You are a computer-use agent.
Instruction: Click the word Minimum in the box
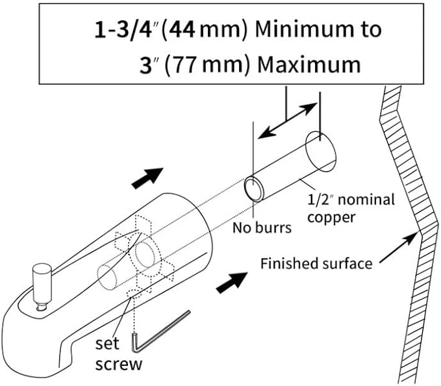click(x=305, y=29)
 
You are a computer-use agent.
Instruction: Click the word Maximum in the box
click(x=309, y=65)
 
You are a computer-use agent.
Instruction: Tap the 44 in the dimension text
click(x=183, y=29)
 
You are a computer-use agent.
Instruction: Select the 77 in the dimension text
click(x=184, y=65)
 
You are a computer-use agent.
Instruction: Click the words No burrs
click(x=262, y=227)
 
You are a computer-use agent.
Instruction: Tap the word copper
click(x=331, y=218)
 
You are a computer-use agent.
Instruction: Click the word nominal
click(x=366, y=199)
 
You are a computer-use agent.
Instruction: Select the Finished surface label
click(x=316, y=264)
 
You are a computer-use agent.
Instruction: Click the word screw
click(x=119, y=365)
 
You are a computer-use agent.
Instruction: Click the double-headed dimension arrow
click(x=288, y=120)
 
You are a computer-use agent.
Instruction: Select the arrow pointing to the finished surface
click(x=399, y=248)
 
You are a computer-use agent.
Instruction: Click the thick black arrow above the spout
click(x=147, y=178)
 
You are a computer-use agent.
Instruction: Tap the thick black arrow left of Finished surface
click(x=232, y=283)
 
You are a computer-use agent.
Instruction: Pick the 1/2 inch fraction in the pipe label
click(x=321, y=199)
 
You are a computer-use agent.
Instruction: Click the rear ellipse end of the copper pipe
click(x=321, y=151)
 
